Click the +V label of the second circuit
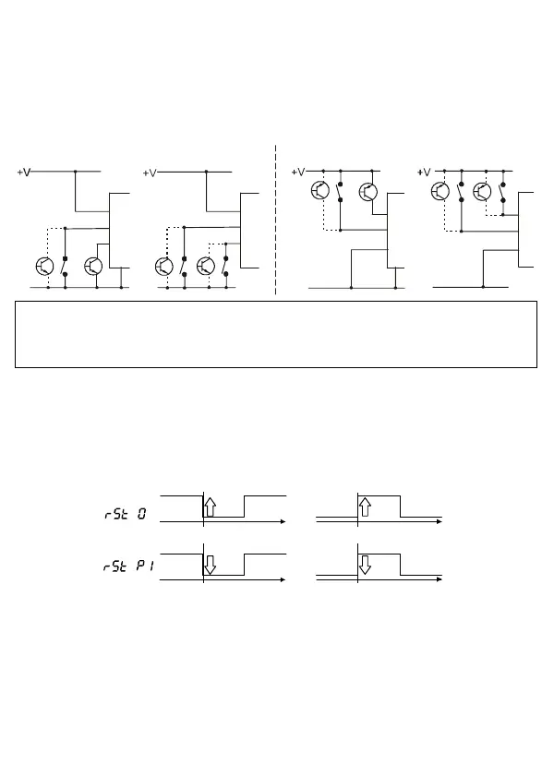151,173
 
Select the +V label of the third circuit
298,172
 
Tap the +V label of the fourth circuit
424,172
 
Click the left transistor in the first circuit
44,266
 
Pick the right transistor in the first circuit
93,266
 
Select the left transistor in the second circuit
163,266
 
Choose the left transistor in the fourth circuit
440,192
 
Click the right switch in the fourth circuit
501,192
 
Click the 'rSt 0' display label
126,514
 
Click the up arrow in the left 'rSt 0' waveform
210,507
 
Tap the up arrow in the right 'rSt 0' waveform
365,507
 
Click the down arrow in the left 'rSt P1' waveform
210,565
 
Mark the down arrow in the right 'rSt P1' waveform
365,565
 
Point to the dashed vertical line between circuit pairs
276,221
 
